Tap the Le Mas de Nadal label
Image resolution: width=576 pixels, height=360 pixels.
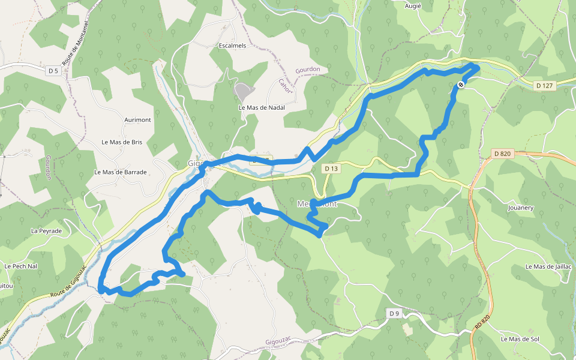pos(261,107)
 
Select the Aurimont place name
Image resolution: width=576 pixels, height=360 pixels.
pos(137,120)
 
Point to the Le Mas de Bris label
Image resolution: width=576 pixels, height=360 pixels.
pos(122,142)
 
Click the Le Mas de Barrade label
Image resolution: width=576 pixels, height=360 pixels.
pos(121,172)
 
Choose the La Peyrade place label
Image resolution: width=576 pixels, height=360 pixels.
pos(46,230)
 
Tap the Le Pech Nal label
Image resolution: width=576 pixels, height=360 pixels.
pos(20,266)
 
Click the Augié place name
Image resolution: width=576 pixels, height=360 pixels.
pos(413,5)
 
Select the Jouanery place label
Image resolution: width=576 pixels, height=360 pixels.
pos(520,208)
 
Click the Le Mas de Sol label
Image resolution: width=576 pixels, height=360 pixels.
pos(520,339)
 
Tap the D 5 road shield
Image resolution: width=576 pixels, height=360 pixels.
pos(53,71)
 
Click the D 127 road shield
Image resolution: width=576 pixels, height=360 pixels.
pos(545,86)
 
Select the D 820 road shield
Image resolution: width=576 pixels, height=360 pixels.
pos(502,154)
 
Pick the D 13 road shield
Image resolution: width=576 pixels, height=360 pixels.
pos(331,169)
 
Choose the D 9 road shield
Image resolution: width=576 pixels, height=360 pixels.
pos(394,313)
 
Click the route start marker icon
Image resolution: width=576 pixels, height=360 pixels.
pos(461,85)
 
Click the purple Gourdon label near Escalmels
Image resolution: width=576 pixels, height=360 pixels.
pos(308,70)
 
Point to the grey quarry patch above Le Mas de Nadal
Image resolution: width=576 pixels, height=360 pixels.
pos(242,92)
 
